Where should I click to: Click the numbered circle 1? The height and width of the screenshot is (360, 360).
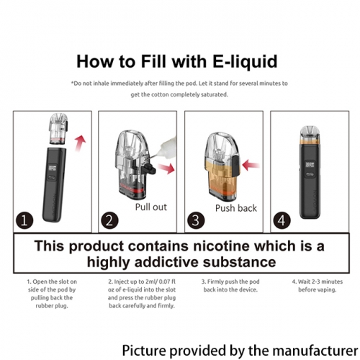(24, 220)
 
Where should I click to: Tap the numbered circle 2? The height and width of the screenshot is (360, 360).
(109, 220)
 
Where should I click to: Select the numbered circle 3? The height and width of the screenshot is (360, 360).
(196, 220)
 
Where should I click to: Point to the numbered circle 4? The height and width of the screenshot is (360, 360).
(282, 220)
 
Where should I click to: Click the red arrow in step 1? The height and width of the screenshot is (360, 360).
(81, 143)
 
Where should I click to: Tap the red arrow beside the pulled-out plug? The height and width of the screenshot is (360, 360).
(166, 168)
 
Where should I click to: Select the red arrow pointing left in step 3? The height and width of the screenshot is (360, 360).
(251, 166)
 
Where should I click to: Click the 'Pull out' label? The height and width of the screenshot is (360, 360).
(151, 207)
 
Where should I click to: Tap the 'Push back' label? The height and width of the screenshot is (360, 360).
(236, 208)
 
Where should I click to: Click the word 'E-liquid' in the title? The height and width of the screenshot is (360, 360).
(245, 62)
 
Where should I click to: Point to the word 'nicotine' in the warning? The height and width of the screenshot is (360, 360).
(221, 246)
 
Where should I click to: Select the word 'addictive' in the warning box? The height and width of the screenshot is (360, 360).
(166, 262)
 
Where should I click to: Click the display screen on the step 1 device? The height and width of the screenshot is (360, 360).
(53, 168)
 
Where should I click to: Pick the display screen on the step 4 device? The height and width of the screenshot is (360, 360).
(310, 165)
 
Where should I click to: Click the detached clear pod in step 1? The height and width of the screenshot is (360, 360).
(58, 129)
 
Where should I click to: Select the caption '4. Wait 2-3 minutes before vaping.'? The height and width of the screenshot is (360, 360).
(318, 286)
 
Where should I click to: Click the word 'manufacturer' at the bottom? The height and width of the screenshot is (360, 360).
(315, 351)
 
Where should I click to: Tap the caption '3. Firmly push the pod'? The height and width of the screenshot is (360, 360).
(230, 282)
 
